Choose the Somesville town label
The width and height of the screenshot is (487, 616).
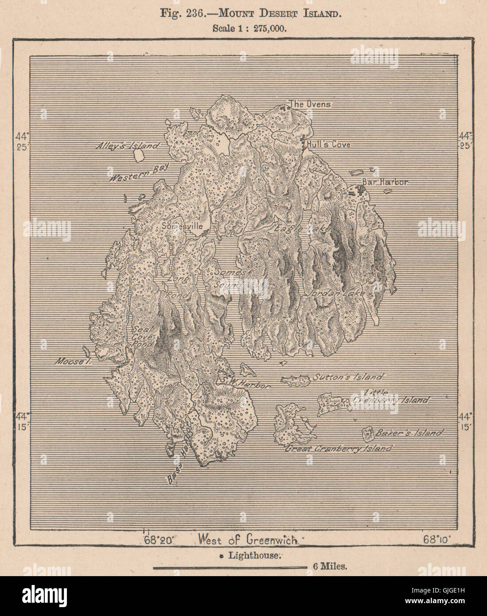[183, 226]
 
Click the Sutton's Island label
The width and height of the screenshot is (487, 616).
[348, 378]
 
